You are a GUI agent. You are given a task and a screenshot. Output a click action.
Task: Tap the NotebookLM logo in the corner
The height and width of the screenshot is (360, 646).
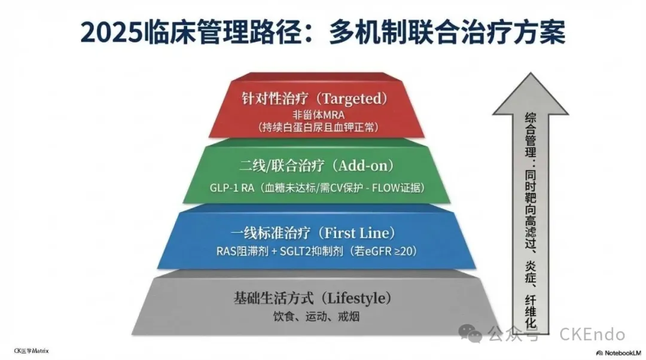point(617,352)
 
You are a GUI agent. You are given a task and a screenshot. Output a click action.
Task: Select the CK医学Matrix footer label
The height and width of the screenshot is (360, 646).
point(31,351)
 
